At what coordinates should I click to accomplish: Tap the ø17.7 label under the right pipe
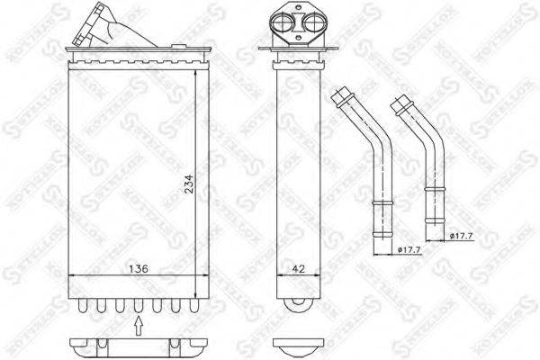coord(462,237)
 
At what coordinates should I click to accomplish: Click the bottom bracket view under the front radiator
coord(136,346)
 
